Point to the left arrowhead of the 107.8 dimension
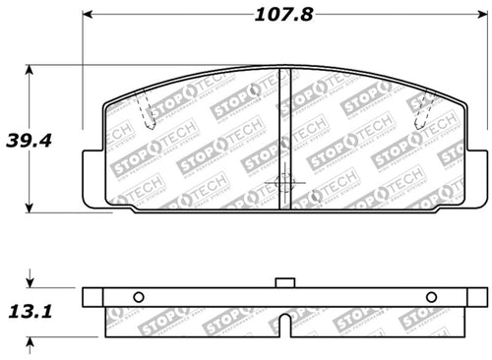point(86,17)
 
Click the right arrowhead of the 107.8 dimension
point(482,17)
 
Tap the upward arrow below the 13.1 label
point(31,342)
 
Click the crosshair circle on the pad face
point(283,184)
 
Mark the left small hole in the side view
point(138,298)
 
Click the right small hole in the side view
point(431,298)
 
